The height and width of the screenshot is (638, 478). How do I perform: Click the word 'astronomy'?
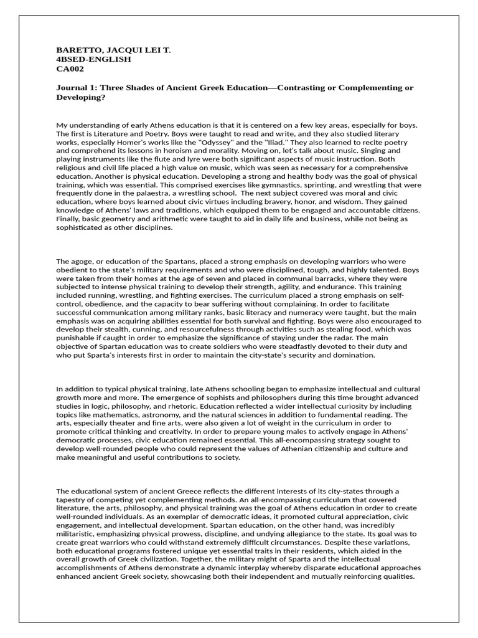(x=184, y=414)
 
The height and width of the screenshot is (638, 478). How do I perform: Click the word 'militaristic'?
(x=77, y=533)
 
